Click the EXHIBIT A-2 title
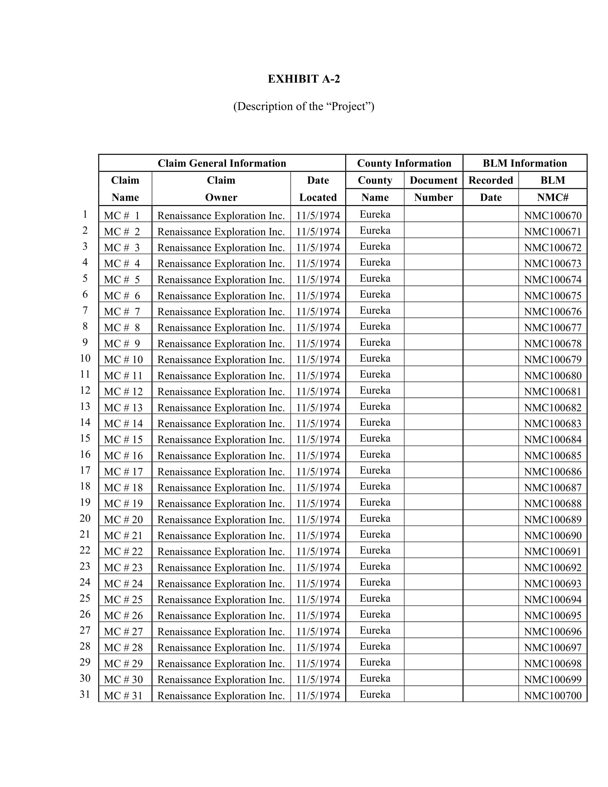(x=304, y=79)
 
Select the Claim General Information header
(x=222, y=163)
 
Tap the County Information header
(x=404, y=163)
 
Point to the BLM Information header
(x=525, y=163)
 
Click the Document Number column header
(x=433, y=189)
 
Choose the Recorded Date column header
(x=491, y=189)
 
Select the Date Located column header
(x=318, y=189)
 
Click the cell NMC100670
(x=553, y=215)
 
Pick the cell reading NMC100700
(x=553, y=695)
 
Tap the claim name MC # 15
(x=123, y=440)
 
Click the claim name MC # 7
(x=122, y=312)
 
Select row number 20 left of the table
(x=85, y=518)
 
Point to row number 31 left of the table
(x=85, y=694)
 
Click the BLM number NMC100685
(x=553, y=455)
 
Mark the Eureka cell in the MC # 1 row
(x=375, y=214)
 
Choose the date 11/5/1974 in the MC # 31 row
(x=318, y=695)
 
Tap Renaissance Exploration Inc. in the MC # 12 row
(x=221, y=392)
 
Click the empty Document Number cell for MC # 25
(x=433, y=599)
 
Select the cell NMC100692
(x=553, y=568)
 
